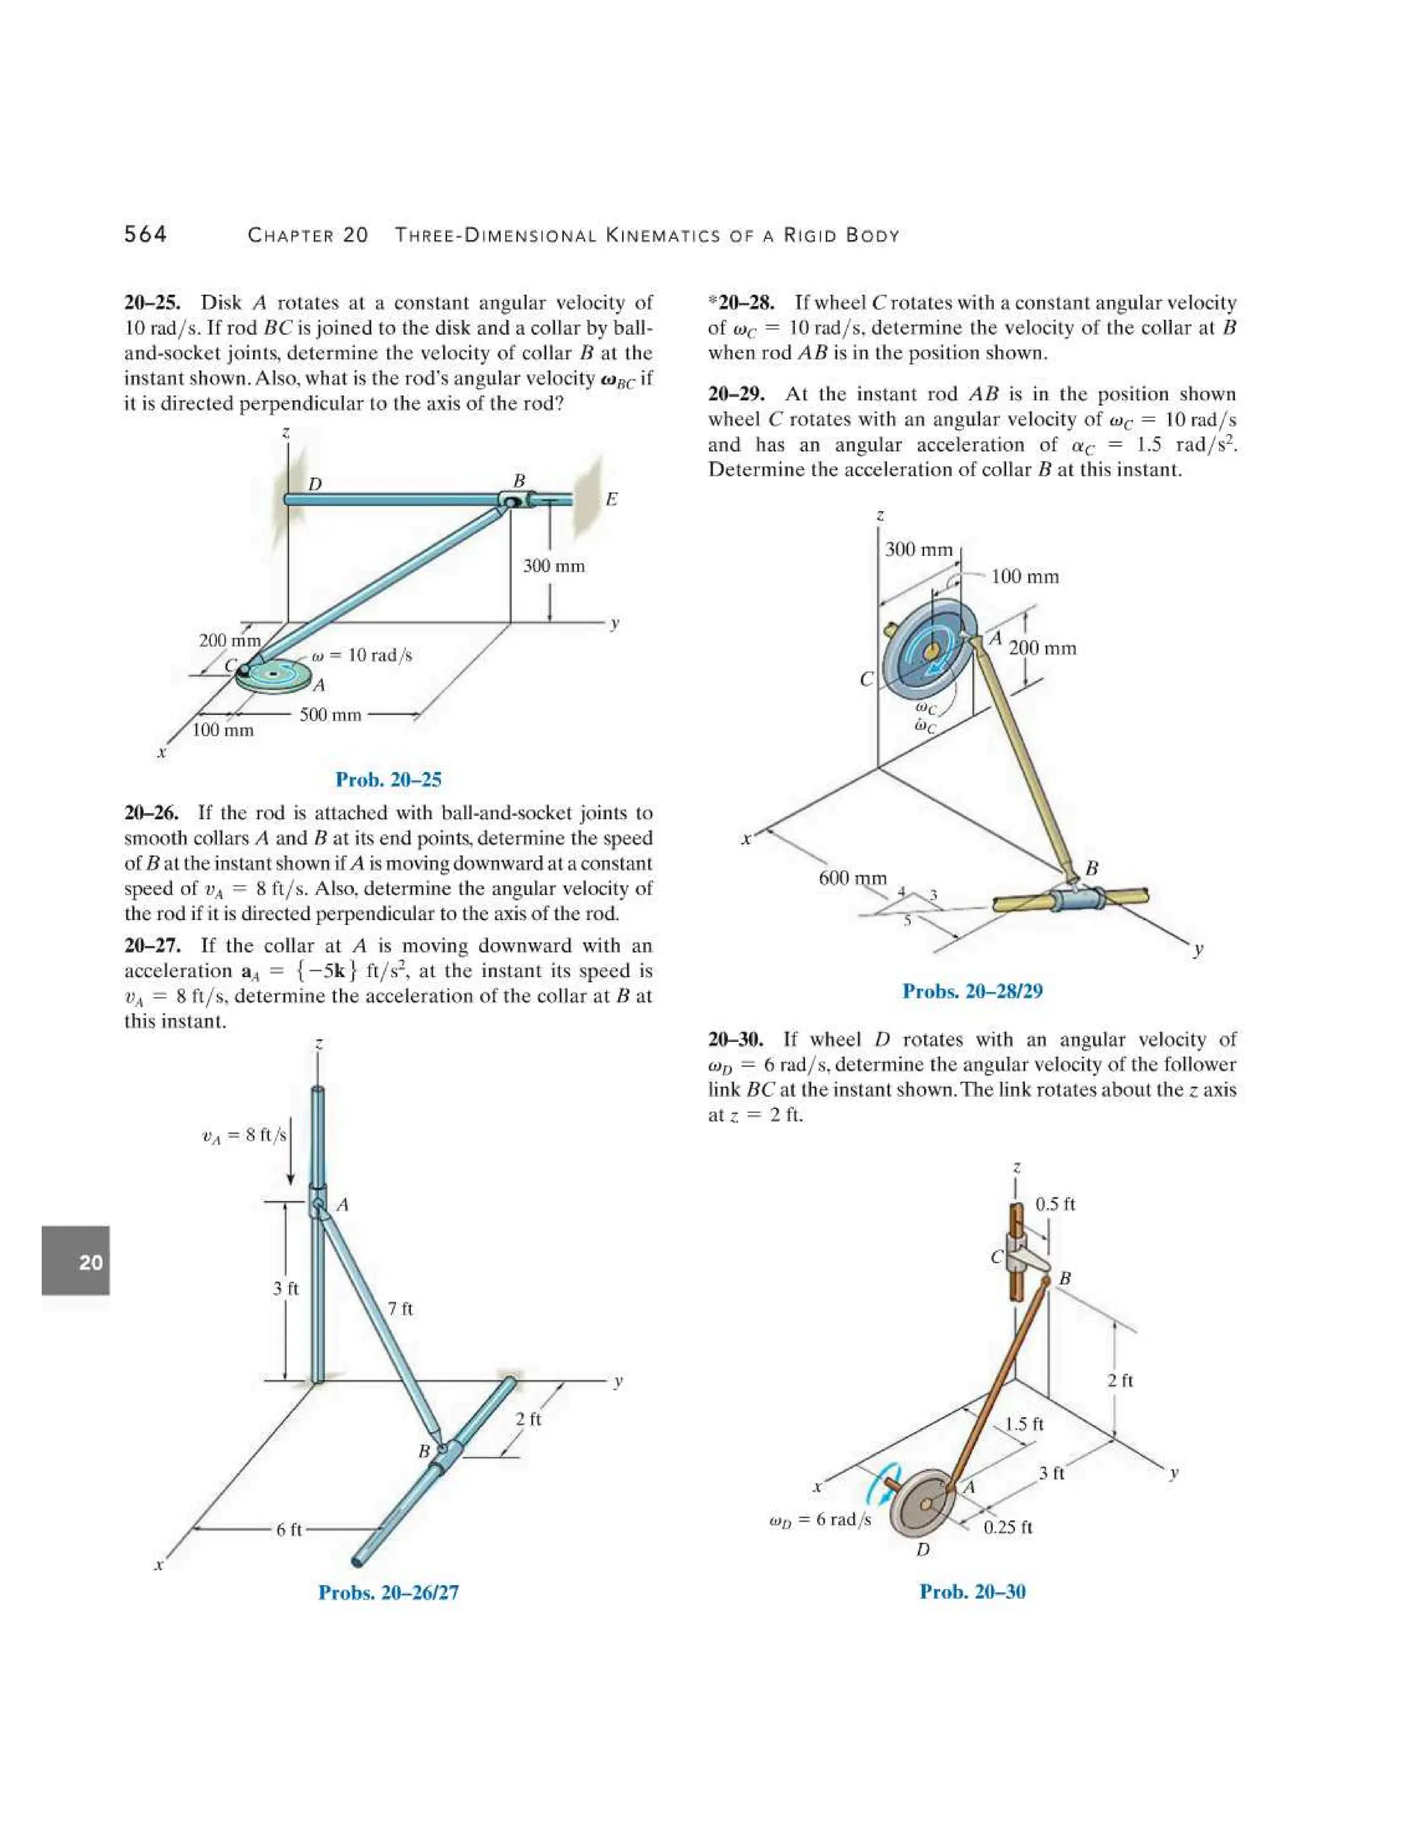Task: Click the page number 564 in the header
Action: pyautogui.click(x=145, y=234)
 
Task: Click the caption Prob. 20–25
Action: pyautogui.click(x=388, y=779)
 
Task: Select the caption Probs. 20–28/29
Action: pyautogui.click(x=972, y=990)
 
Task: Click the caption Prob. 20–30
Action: pyautogui.click(x=972, y=1591)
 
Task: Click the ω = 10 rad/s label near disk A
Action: pyautogui.click(x=361, y=655)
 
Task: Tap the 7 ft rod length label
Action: pyautogui.click(x=400, y=1309)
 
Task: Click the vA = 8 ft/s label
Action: pyautogui.click(x=244, y=1135)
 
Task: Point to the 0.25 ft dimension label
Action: pyautogui.click(x=1008, y=1527)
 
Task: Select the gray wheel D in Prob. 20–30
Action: pyautogui.click(x=925, y=1504)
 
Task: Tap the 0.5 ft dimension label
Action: pyautogui.click(x=1055, y=1204)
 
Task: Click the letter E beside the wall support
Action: pyautogui.click(x=612, y=499)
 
